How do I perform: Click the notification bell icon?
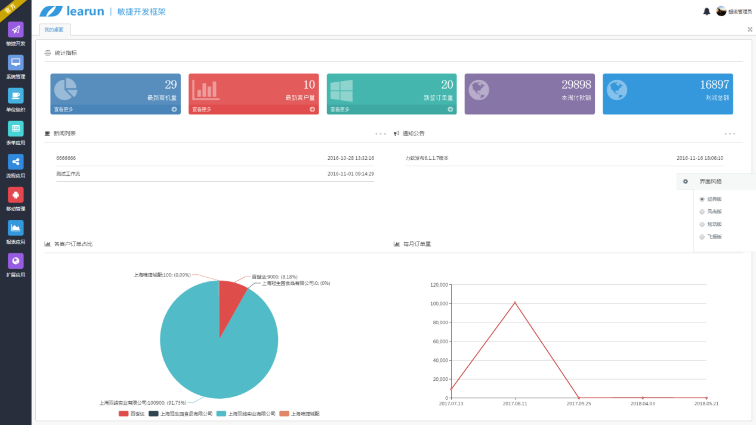point(706,11)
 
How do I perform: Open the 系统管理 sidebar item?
point(16,63)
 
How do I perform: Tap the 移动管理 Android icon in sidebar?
point(16,195)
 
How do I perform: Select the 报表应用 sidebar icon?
point(16,228)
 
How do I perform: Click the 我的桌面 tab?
point(54,30)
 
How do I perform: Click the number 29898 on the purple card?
point(576,85)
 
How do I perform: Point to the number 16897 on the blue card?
point(714,85)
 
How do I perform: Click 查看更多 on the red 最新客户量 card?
point(202,110)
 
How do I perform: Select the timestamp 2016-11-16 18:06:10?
point(699,159)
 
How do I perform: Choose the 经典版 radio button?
point(702,199)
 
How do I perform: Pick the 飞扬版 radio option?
point(702,237)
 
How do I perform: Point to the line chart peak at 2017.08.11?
point(515,303)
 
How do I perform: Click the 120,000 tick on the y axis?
point(439,285)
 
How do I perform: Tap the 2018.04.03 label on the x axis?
point(643,404)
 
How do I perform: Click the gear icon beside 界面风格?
point(686,181)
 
